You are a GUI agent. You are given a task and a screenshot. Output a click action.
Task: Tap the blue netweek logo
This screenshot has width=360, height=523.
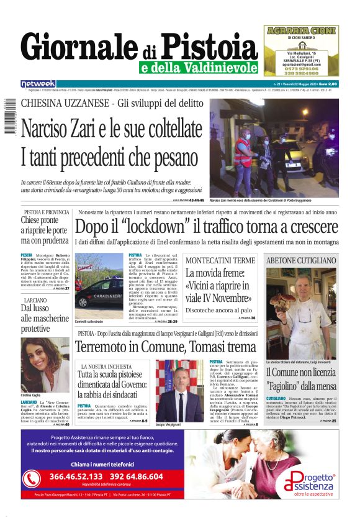tap(38, 83)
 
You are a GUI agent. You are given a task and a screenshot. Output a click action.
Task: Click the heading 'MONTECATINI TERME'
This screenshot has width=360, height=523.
tap(220, 260)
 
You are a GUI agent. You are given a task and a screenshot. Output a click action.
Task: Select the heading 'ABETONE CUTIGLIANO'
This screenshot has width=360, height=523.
tap(300, 260)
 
